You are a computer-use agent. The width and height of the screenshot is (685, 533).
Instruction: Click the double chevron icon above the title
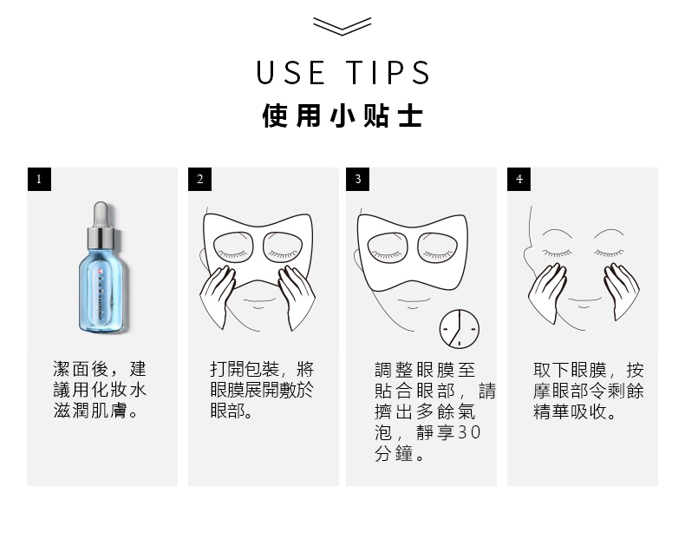pos(342,26)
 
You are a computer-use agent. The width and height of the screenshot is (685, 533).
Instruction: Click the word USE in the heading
pos(290,73)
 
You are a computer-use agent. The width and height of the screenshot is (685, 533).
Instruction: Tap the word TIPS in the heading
pos(388,73)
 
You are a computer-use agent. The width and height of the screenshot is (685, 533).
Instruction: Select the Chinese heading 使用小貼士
pos(342,115)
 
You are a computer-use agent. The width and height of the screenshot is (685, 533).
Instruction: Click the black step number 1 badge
pos(39,180)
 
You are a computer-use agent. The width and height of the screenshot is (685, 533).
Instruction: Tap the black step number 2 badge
pos(199,180)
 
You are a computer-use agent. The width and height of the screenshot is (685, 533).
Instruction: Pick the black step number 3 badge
pos(357,180)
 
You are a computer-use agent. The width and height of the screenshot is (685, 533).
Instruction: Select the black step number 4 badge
pos(519,180)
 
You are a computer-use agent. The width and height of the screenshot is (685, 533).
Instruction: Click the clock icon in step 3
pos(460,329)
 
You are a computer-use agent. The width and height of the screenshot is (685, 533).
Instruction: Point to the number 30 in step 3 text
pos(470,432)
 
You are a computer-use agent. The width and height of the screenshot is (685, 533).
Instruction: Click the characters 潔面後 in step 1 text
pos(81,369)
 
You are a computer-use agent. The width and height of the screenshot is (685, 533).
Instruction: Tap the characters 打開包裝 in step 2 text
pos(245,369)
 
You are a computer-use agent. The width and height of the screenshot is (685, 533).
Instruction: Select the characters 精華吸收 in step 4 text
pos(570,411)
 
